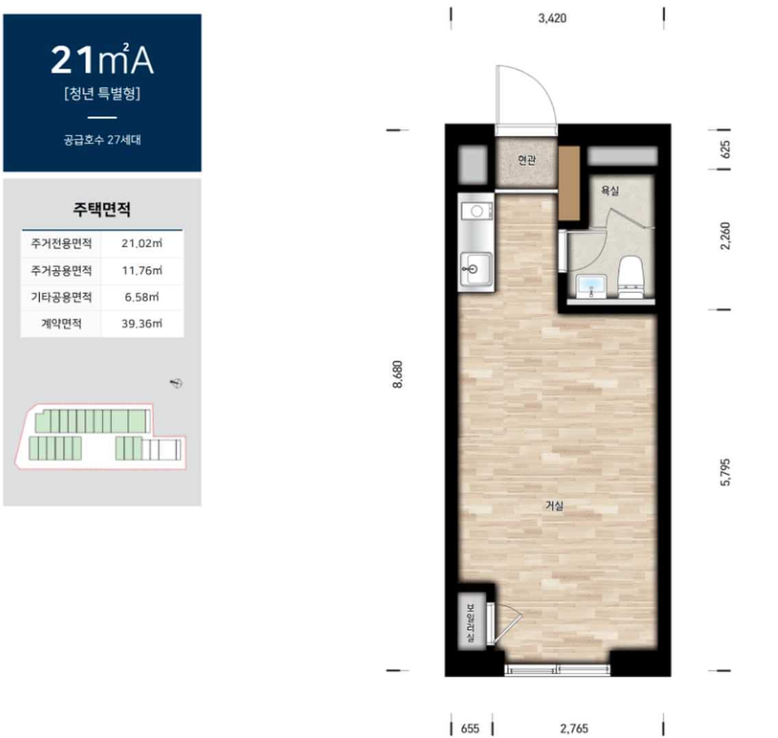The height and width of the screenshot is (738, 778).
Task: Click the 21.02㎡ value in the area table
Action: coord(142,243)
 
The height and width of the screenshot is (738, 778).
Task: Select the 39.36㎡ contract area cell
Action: coord(142,323)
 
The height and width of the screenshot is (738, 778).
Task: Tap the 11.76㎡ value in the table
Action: coord(142,271)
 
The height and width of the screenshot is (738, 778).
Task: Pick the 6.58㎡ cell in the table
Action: coord(142,297)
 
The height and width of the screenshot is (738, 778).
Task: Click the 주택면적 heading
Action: coord(102,209)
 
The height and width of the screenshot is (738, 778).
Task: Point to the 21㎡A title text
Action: coord(102,60)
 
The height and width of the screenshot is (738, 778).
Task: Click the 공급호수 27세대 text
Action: coord(102,140)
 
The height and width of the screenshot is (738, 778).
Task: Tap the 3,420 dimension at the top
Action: coord(552,19)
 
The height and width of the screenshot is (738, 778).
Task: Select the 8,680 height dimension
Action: coord(398,374)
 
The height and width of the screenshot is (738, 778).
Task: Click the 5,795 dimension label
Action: coord(725,473)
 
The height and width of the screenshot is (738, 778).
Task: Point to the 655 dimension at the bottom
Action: coord(470,728)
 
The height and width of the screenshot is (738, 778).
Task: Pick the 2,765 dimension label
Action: coord(574,728)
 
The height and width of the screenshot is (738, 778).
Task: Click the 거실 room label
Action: coord(554,506)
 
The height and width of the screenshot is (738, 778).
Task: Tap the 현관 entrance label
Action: coord(527,160)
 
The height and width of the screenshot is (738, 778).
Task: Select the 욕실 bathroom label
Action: coord(610,190)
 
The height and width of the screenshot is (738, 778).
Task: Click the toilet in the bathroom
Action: coord(631,277)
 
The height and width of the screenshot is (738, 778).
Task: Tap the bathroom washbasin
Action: coord(592,286)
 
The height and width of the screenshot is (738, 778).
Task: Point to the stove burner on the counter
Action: coord(477,212)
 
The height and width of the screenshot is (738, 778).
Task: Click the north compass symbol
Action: coord(177,383)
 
